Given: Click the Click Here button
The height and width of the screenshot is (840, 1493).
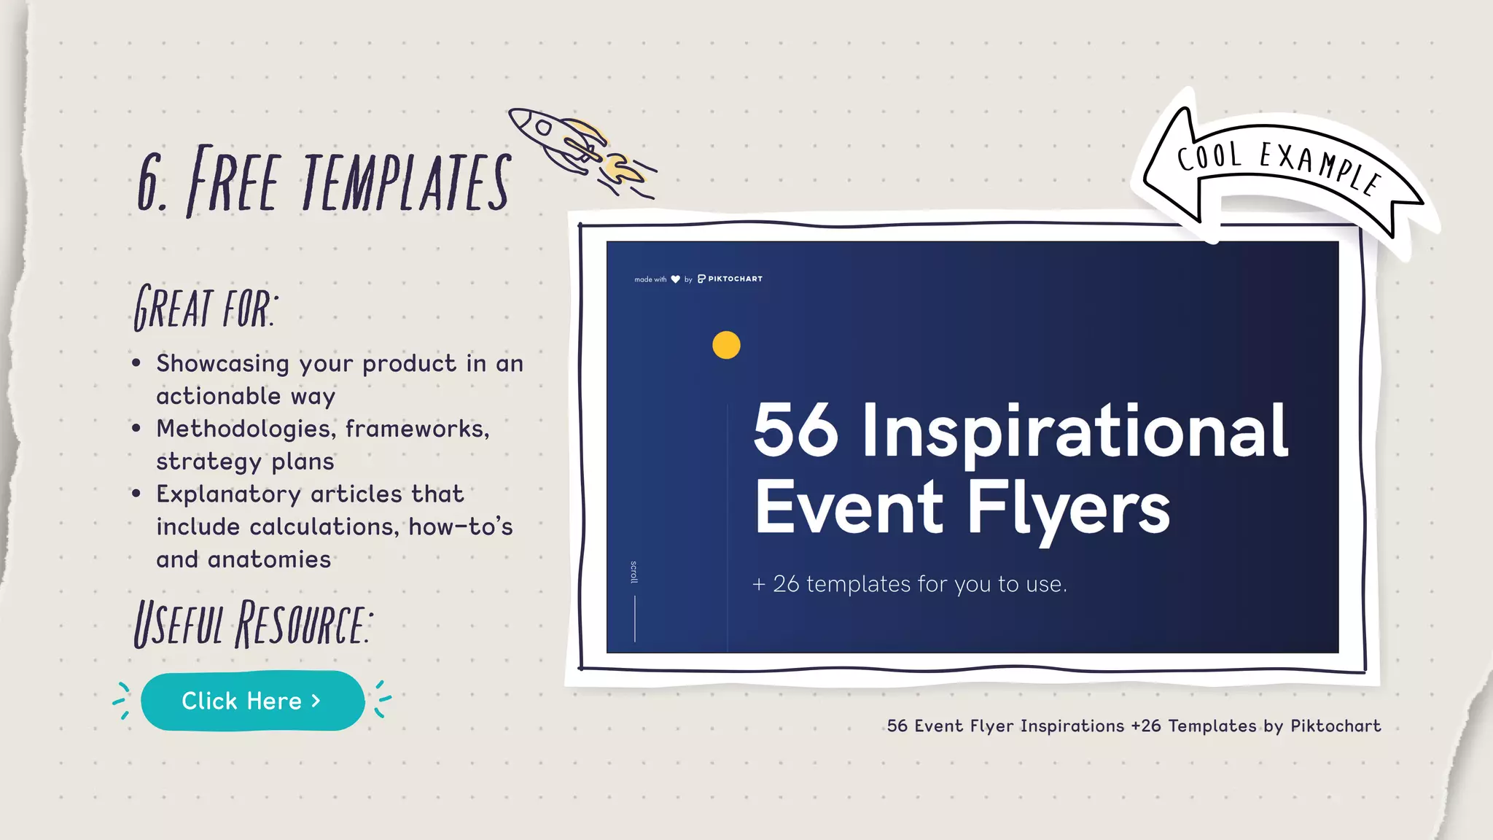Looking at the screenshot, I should (x=252, y=701).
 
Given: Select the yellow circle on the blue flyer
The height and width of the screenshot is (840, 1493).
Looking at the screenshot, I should (x=726, y=345).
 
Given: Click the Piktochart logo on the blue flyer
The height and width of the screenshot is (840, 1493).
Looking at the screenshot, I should (x=730, y=279).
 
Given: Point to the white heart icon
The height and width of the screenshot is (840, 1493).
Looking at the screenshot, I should (x=675, y=279).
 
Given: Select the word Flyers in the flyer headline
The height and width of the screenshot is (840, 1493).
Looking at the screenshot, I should (x=1069, y=507).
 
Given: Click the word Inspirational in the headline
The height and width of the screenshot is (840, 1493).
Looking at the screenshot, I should (x=1075, y=432).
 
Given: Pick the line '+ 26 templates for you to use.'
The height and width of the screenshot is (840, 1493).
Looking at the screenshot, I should (x=910, y=584).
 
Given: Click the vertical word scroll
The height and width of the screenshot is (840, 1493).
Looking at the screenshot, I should (x=634, y=572).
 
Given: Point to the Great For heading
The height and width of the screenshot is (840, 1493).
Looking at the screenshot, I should (x=205, y=307).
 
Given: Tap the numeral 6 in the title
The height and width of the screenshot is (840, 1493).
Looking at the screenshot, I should (x=151, y=182).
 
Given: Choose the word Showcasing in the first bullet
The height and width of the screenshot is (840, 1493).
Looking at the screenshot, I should (x=222, y=363).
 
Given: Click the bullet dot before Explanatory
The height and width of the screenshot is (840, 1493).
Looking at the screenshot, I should (x=136, y=494).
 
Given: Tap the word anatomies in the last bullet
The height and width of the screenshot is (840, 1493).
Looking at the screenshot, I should (x=269, y=559).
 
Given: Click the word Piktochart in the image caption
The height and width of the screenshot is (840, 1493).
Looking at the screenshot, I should (x=1336, y=726).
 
